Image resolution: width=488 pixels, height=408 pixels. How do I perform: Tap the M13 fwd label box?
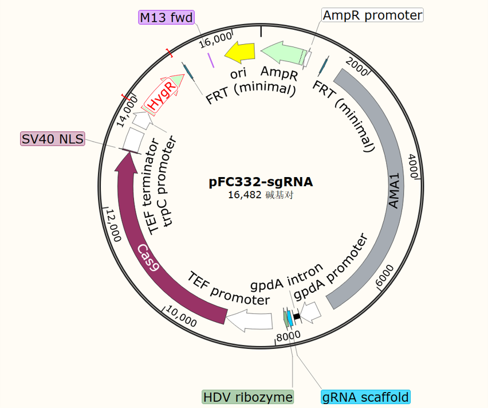coord(167,17)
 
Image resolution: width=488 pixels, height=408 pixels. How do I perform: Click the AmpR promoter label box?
coord(372,15)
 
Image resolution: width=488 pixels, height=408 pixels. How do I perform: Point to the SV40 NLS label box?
coord(53,139)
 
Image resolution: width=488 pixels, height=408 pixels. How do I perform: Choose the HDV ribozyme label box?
coord(248,397)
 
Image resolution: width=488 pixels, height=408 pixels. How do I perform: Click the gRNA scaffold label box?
coord(365,397)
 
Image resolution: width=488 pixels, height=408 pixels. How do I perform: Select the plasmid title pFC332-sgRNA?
coord(261,182)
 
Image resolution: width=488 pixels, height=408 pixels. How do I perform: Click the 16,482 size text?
coord(245,195)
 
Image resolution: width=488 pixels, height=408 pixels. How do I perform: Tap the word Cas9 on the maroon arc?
coord(148,257)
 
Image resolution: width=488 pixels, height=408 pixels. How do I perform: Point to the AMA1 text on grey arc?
coord(394,191)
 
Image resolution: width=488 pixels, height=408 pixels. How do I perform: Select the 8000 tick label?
coord(288,336)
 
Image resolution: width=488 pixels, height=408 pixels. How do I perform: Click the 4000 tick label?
coord(414,166)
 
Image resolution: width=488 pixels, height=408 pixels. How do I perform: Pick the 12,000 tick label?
coord(113,226)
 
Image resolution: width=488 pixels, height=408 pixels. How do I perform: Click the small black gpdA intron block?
coord(297,316)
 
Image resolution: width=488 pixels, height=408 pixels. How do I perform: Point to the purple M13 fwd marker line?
coord(211,60)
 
